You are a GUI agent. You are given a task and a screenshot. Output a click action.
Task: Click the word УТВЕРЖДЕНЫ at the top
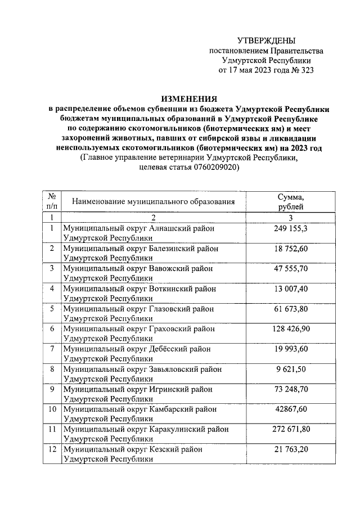[x=266, y=40]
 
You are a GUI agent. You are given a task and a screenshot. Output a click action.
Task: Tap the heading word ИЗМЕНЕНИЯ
[x=188, y=98]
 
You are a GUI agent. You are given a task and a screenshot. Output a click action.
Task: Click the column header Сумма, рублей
[x=291, y=202]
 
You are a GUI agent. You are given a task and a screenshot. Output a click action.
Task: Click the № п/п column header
[x=52, y=202]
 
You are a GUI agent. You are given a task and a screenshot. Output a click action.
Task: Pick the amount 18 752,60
[x=291, y=249]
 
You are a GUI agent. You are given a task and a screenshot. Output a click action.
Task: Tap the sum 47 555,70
[x=291, y=269]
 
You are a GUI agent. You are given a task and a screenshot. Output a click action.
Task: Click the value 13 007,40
[x=291, y=289]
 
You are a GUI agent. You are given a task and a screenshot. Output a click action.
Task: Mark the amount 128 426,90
[x=291, y=328]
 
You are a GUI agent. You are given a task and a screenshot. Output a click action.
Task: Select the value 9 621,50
[x=291, y=369]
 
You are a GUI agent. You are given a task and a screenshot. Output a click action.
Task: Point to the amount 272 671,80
[x=291, y=429]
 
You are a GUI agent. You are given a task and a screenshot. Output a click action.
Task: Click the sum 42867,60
[x=291, y=409]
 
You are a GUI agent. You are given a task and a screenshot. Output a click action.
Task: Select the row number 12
[x=52, y=449]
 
